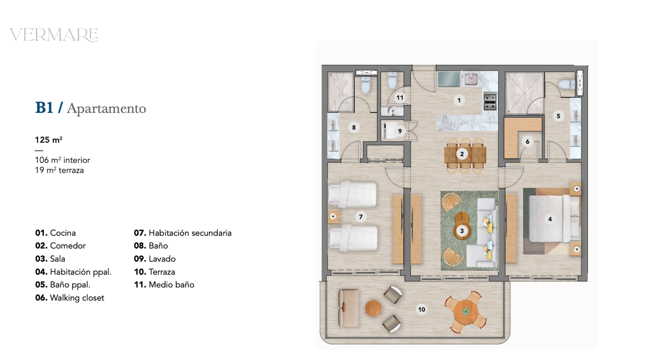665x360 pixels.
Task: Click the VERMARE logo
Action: coord(54,35)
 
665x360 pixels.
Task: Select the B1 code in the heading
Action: coord(44,108)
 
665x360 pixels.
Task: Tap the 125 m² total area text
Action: coord(49,140)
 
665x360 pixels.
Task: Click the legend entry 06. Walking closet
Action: coord(70,297)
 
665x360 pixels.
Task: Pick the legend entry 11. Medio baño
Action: coord(164,285)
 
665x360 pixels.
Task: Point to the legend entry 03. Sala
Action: coord(50,259)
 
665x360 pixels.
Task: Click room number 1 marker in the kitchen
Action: coord(459,100)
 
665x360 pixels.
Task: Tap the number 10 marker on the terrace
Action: coord(422,310)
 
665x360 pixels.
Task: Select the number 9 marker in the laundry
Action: coord(400,131)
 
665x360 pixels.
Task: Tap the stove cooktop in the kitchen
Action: coord(490,101)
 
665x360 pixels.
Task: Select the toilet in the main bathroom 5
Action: coord(567,85)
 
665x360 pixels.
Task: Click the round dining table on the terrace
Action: coord(466,312)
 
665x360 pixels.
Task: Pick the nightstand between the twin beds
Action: coord(334,217)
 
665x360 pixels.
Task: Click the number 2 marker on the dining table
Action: coord(462,154)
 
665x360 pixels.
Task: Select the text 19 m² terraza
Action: coord(59,171)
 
